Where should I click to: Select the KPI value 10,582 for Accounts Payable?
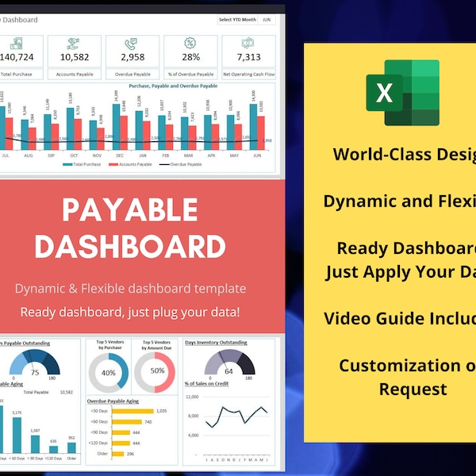(74, 56)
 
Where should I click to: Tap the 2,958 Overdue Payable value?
(132, 56)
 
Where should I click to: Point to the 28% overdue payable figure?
(190, 56)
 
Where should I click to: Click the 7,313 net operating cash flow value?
(248, 56)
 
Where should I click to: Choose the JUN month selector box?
(266, 19)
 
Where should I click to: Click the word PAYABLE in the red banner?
(130, 210)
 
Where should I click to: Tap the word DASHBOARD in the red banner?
(130, 246)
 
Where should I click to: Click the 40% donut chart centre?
(109, 372)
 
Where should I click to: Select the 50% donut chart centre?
(157, 371)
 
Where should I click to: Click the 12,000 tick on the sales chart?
(192, 396)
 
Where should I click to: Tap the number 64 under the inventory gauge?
(228, 370)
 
